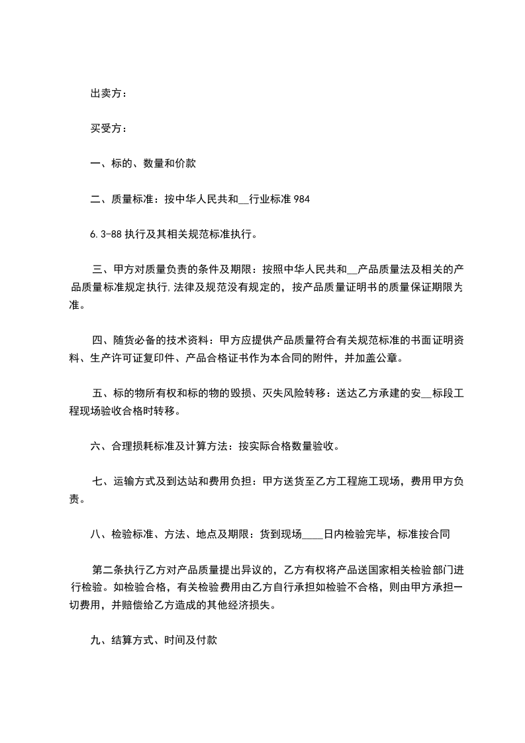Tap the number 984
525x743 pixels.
coord(301,198)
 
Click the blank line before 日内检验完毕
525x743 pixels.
coord(312,534)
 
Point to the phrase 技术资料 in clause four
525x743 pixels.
coord(181,341)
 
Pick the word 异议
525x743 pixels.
coord(252,570)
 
